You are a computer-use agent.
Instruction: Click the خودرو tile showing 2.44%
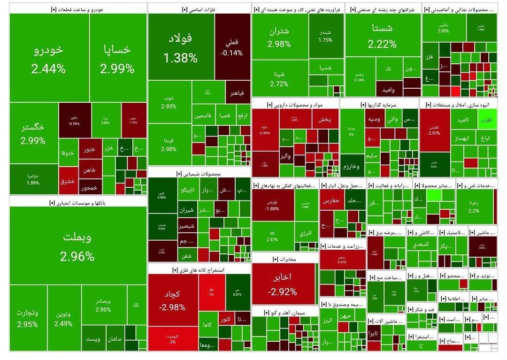[x=48, y=59]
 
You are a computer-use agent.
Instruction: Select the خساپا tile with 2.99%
[x=117, y=59]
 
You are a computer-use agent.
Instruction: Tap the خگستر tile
[x=33, y=133]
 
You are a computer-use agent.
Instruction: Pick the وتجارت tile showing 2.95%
[x=28, y=318]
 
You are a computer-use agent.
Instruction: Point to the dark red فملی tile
[x=231, y=47]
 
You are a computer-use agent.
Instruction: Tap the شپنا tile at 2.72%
[x=279, y=79]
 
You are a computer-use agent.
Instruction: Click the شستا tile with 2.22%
[x=382, y=35]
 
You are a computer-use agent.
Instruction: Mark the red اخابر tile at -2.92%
[x=282, y=283]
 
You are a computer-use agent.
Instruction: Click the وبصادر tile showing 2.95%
[x=103, y=305]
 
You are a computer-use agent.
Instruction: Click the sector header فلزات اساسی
[x=199, y=9]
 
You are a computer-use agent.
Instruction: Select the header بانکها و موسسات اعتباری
[x=77, y=202]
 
